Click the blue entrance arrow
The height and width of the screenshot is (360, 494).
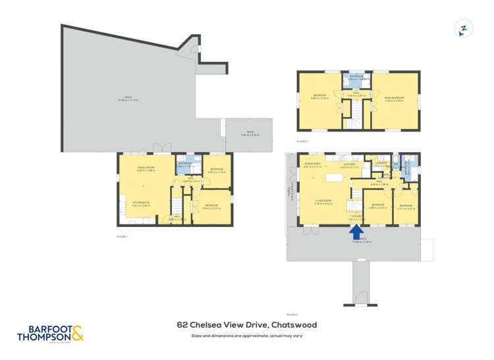[356, 232]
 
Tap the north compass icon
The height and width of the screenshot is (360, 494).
[464, 29]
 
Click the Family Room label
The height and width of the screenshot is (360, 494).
[146, 168]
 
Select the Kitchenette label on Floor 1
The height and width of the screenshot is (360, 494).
[142, 204]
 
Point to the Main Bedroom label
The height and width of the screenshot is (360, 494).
[393, 98]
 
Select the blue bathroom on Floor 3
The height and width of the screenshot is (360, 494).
[356, 79]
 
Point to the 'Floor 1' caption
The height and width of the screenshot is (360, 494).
[122, 236]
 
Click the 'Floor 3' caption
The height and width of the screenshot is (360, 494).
[302, 141]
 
